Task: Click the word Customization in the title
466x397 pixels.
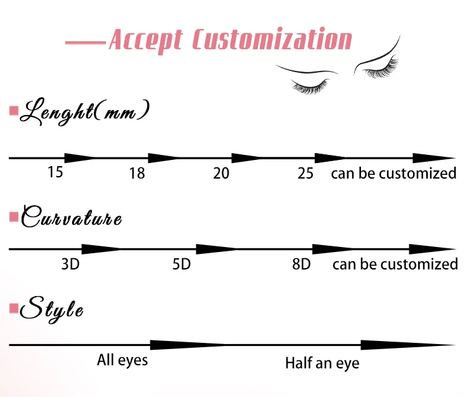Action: click(x=272, y=39)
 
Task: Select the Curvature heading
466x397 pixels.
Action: click(x=71, y=219)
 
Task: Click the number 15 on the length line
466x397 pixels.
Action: click(x=55, y=172)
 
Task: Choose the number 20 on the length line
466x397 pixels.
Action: click(x=221, y=173)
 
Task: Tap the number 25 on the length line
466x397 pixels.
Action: click(x=306, y=173)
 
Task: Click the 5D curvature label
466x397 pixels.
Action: click(x=181, y=264)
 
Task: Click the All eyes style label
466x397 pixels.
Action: click(x=122, y=360)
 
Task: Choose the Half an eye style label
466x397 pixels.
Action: click(x=322, y=362)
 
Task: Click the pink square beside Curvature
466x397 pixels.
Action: click(x=13, y=217)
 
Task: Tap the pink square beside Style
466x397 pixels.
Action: click(x=13, y=308)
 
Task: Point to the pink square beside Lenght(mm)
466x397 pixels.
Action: click(x=13, y=111)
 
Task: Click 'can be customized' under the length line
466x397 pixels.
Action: click(x=393, y=173)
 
